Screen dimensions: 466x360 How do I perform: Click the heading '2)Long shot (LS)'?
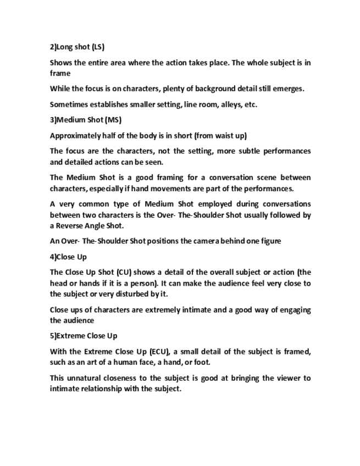[x=77, y=47]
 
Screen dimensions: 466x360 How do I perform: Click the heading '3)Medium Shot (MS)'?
[x=85, y=120]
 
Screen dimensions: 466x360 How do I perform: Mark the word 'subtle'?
[x=248, y=151]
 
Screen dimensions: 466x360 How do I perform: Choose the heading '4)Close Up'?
[x=68, y=257]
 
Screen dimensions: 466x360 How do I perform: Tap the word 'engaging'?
[x=295, y=310]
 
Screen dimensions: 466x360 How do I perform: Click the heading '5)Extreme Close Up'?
[x=83, y=336]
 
